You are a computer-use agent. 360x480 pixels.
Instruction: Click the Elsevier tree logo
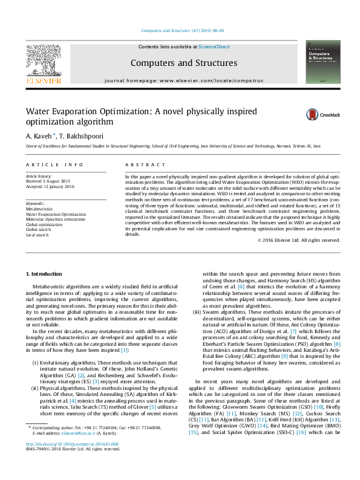[x=43, y=63]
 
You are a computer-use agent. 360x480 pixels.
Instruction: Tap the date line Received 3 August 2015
[x=48, y=181]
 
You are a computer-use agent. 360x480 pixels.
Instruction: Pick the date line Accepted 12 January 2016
[x=50, y=187]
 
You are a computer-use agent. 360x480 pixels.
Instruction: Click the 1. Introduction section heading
[x=44, y=275]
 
